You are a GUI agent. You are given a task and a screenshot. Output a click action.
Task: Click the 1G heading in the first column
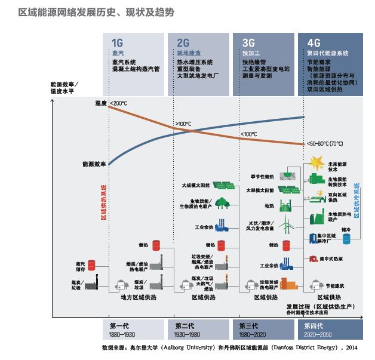(118, 42)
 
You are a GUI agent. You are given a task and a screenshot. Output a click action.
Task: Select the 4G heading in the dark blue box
(313, 42)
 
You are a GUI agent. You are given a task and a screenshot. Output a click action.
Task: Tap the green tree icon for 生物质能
(222, 204)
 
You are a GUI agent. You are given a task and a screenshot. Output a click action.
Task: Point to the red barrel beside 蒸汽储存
(92, 264)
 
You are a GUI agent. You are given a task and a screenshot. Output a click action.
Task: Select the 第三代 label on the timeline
(249, 326)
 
